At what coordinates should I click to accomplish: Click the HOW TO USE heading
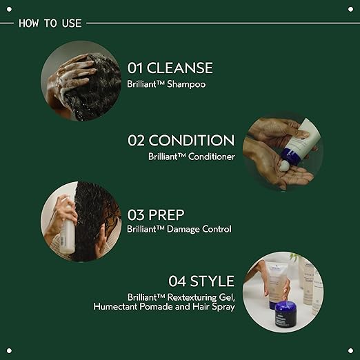50,23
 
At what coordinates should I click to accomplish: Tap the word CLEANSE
180,68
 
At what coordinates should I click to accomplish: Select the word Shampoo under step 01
186,84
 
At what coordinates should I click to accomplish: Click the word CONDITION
192,140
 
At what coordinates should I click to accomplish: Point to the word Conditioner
212,157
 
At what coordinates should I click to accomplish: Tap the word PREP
166,215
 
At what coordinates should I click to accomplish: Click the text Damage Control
199,229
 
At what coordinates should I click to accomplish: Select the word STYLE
212,281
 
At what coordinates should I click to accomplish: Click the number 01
135,68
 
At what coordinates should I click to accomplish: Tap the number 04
177,281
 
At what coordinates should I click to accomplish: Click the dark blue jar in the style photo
286,314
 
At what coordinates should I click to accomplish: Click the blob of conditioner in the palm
284,166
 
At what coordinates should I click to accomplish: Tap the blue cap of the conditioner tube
292,153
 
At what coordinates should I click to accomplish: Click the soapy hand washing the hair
70,74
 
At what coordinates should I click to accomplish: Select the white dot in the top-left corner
9,9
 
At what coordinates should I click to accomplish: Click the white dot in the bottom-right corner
350,350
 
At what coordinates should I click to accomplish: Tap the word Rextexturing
192,297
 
